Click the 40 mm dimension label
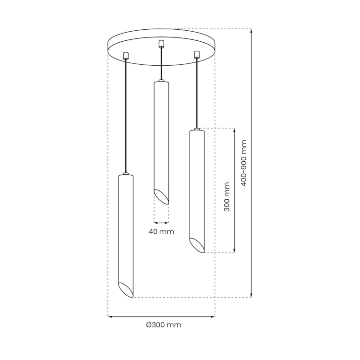coord(161,232)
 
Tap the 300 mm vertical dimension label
coord(227,197)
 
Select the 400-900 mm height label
coord(243,163)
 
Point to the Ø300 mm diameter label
coord(164,325)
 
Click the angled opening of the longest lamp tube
coord(126,289)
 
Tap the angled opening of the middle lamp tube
coord(161,196)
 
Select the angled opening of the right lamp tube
coord(197,245)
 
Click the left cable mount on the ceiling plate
coord(126,56)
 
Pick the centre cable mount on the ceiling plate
coord(161,44)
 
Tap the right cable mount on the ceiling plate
coord(197,54)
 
